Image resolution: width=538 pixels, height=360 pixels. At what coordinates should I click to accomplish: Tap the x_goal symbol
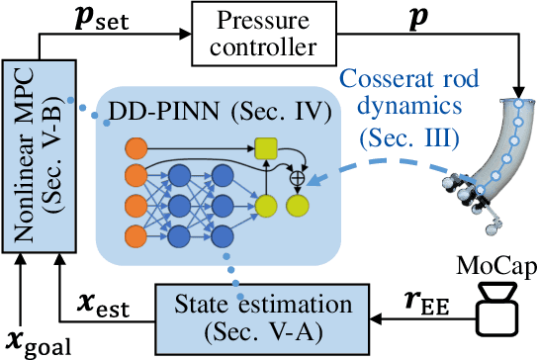tap(30, 340)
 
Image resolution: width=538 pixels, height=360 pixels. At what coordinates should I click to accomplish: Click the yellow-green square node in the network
tap(265, 149)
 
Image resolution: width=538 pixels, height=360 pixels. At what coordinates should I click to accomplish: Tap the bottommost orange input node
tap(136, 235)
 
